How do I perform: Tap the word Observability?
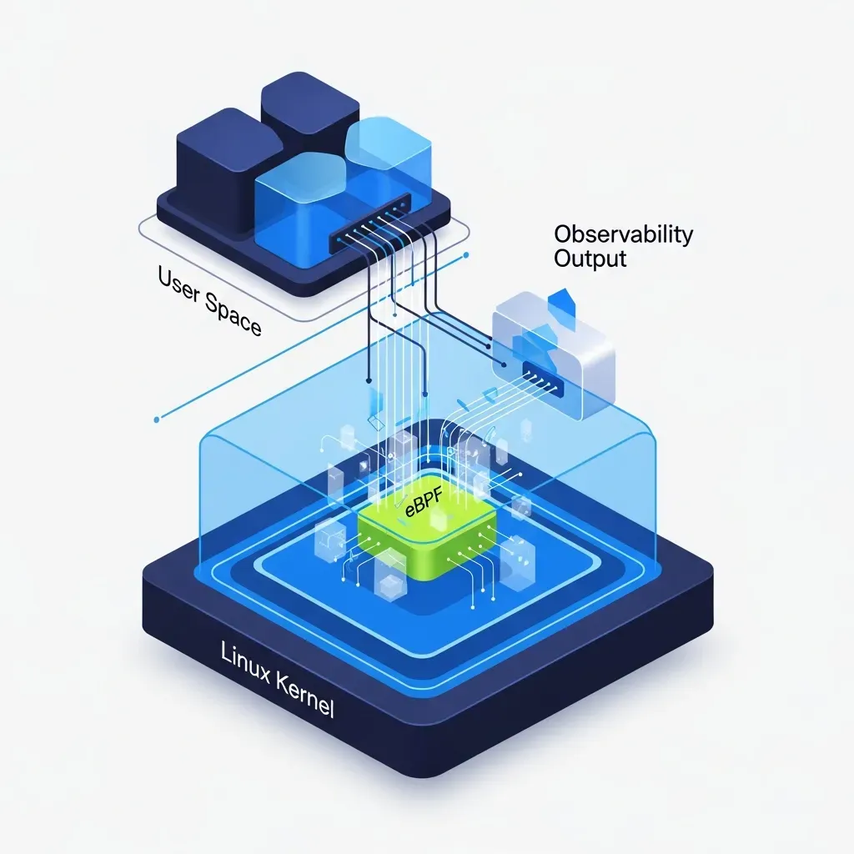tap(624, 234)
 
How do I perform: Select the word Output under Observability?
tap(590, 259)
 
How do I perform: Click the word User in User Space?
tap(178, 285)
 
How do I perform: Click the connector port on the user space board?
tap(370, 222)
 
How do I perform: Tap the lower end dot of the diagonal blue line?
tap(157, 419)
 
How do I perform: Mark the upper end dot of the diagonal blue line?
tap(465, 254)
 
